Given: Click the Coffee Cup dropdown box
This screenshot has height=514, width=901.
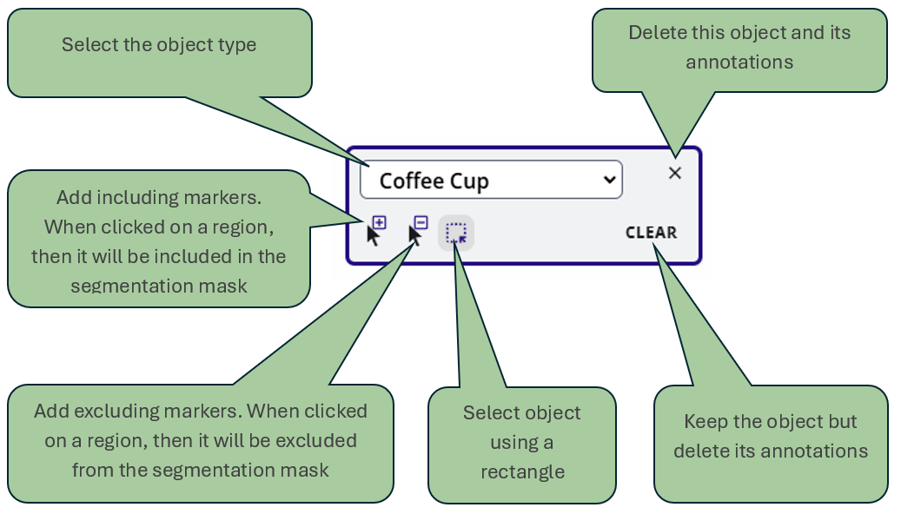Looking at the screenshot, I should pyautogui.click(x=491, y=180).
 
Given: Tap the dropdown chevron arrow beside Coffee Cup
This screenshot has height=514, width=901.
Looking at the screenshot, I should pyautogui.click(x=610, y=180).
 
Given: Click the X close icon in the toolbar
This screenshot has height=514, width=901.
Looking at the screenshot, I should pyautogui.click(x=675, y=173).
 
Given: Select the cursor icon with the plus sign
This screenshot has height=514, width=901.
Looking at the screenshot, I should pyautogui.click(x=376, y=231).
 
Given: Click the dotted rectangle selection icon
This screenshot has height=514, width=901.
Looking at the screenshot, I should pyautogui.click(x=456, y=233).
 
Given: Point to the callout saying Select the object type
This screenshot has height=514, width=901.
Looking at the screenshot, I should pyautogui.click(x=159, y=44).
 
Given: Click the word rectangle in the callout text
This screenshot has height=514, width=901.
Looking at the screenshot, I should pyautogui.click(x=522, y=472).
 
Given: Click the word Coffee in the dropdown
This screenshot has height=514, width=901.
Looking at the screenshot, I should pyautogui.click(x=410, y=181).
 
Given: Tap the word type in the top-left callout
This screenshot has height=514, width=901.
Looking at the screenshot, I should pyautogui.click(x=238, y=44).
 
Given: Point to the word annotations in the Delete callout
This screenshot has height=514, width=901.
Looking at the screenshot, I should pyautogui.click(x=739, y=62).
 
